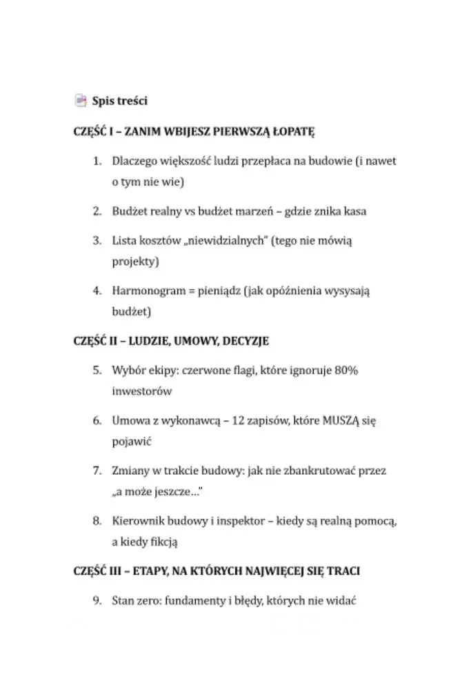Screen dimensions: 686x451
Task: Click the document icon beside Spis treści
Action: click(81, 101)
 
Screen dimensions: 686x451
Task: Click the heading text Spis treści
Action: click(120, 101)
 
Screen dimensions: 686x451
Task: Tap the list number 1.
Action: click(97, 161)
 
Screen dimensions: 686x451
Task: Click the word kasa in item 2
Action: click(354, 211)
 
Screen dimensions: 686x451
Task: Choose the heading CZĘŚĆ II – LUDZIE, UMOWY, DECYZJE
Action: click(170, 341)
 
